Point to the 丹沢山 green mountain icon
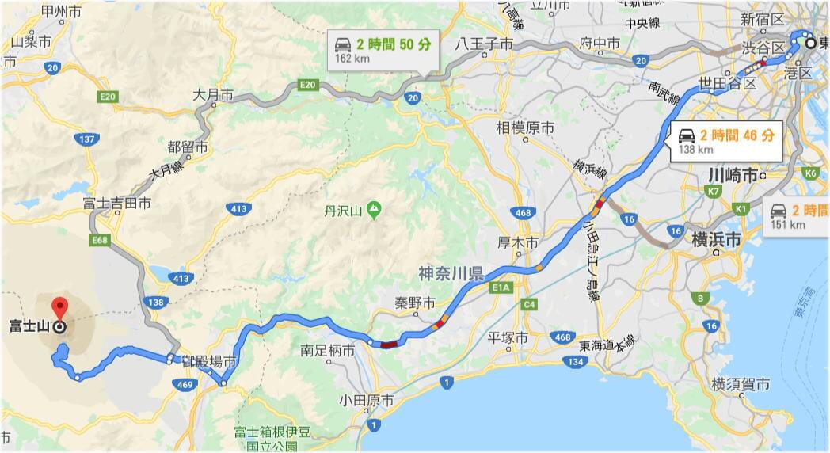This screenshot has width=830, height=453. click(374, 210)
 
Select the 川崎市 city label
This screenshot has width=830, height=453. click(733, 175)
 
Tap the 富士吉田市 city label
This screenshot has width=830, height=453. click(116, 204)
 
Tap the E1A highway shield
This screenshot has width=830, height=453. click(501, 287)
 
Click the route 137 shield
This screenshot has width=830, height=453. click(88, 140)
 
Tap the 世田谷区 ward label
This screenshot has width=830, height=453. click(727, 83)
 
